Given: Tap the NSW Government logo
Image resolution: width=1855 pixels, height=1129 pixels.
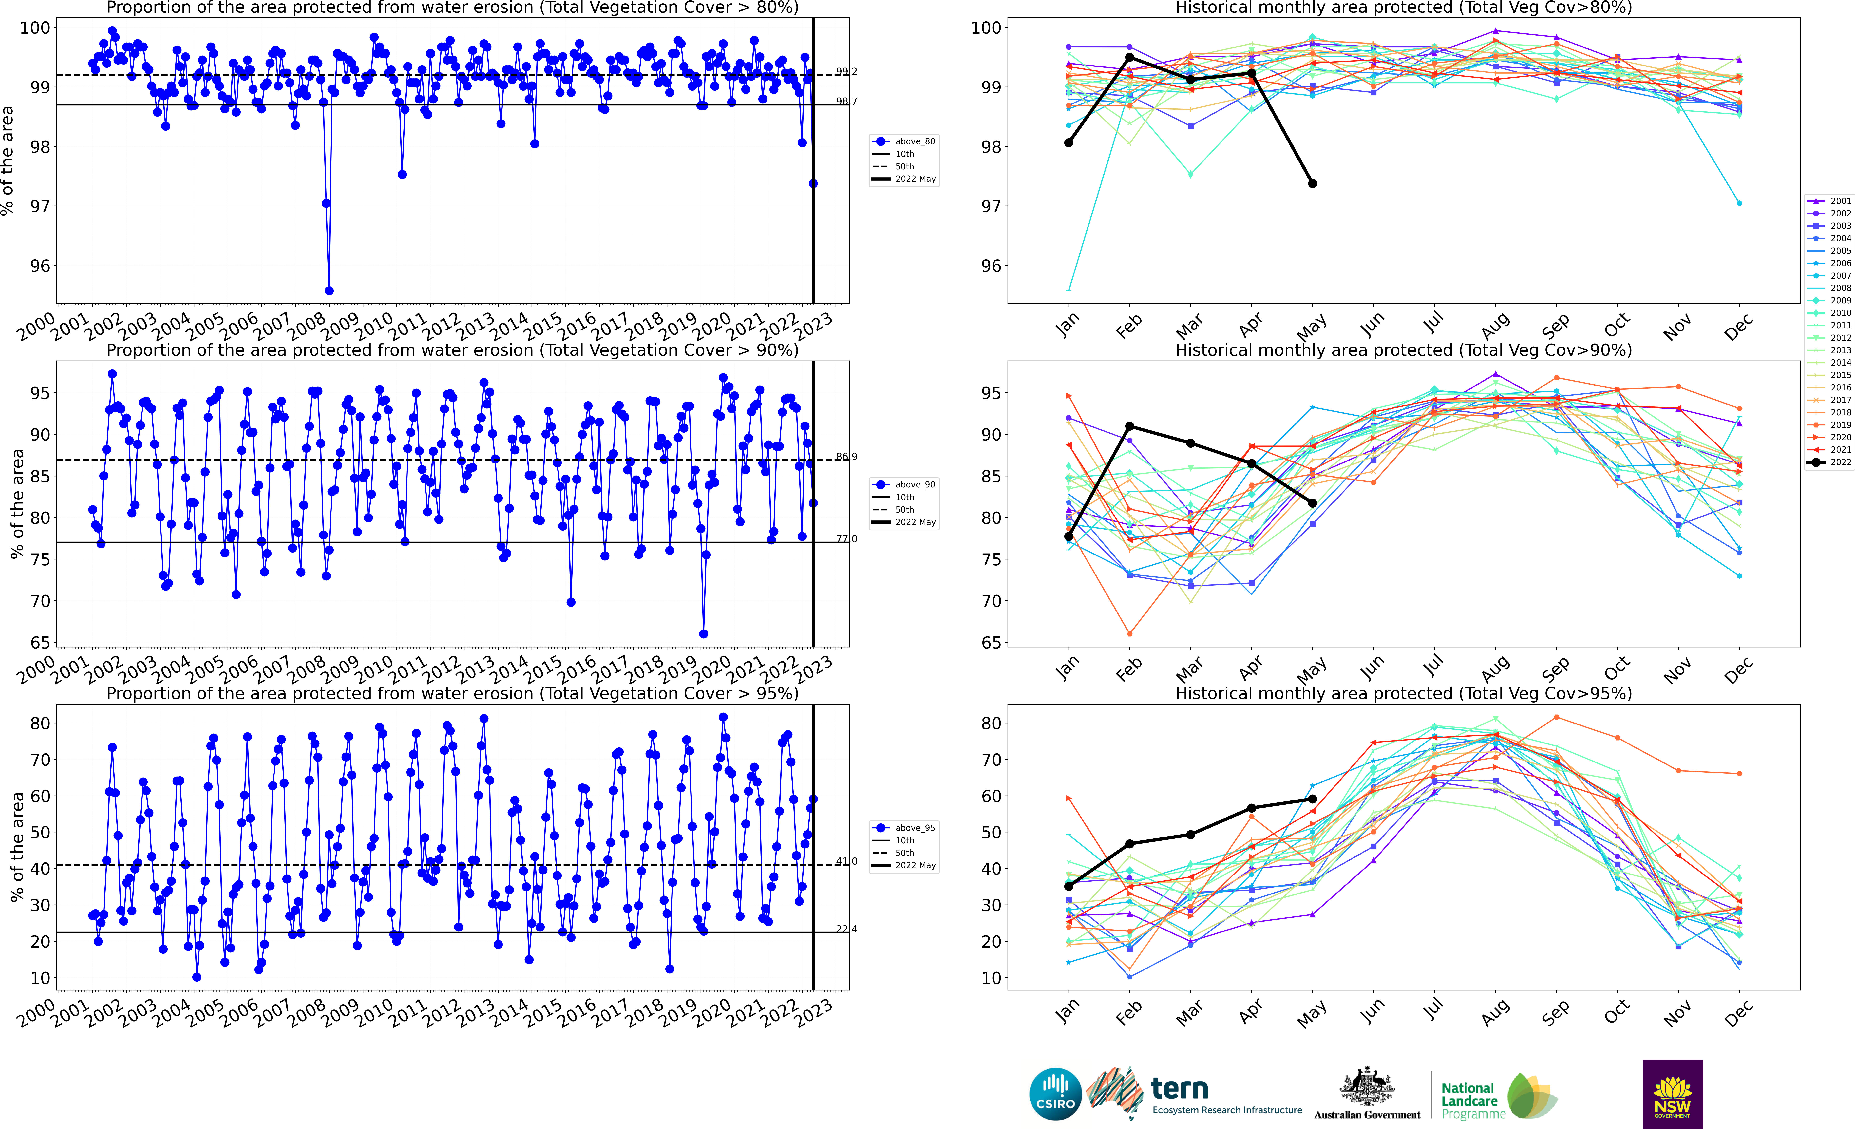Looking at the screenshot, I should pos(1672,1094).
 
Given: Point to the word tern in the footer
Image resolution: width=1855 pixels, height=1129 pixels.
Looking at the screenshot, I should pos(1180,1088).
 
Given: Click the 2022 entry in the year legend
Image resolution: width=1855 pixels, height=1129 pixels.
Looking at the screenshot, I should pos(1829,462).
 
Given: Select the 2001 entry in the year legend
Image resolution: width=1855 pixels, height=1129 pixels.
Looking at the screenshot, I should pos(1829,201).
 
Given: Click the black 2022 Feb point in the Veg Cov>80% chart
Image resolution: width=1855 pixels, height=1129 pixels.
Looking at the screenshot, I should pos(1129,57).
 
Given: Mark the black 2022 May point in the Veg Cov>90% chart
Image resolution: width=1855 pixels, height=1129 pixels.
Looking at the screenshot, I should pos(1312,503).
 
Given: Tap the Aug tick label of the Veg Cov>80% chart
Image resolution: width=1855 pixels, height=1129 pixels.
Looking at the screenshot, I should pos(1494,325).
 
